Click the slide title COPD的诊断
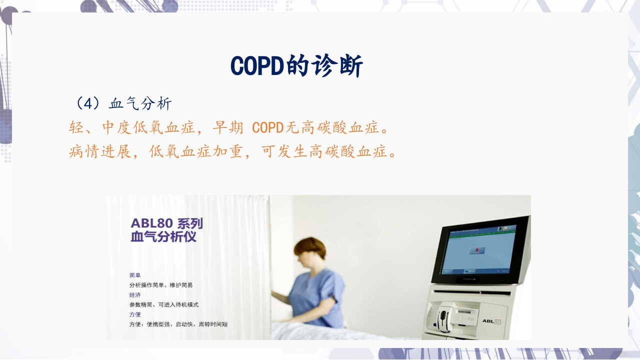point(296,65)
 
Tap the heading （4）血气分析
point(123,103)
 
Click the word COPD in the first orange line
point(267,127)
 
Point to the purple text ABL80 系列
point(166,223)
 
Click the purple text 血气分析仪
point(163,236)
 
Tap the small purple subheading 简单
point(135,275)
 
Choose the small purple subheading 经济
point(135,295)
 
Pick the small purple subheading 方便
point(135,314)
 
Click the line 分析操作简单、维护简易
point(161,285)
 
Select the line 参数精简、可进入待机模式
point(164,304)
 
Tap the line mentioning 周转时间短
point(178,324)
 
